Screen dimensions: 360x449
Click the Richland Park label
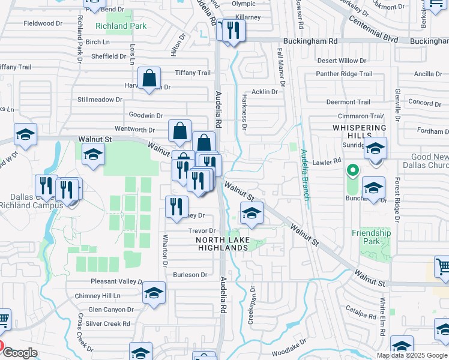point(121,26)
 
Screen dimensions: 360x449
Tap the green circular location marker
point(353,172)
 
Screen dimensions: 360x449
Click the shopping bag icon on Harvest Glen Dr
point(149,79)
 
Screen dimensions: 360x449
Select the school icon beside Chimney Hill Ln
point(154,293)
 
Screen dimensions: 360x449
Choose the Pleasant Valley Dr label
point(116,281)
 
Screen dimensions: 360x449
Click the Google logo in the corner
point(20,353)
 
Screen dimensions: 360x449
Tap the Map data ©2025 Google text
point(412,355)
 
